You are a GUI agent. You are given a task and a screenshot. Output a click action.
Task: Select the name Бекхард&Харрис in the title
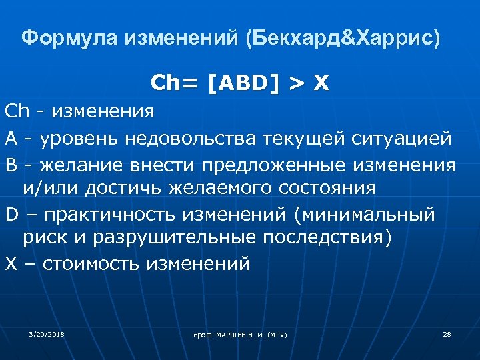coord(343,38)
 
